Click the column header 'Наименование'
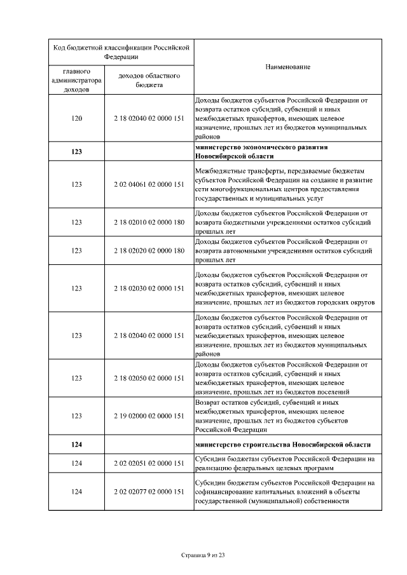tap(287, 67)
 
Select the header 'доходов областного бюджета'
tap(149, 79)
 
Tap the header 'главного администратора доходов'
tap(76, 79)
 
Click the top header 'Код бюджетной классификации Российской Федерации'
tap(121, 51)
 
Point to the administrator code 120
tap(76, 119)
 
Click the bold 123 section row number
tap(76, 152)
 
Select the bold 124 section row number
tap(76, 444)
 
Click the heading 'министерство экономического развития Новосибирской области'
tap(261, 152)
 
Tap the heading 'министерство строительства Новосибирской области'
tap(283, 444)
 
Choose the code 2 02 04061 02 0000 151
tap(149, 184)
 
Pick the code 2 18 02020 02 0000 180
tap(149, 250)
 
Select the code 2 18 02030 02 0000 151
tap(149, 288)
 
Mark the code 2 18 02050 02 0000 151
tap(149, 378)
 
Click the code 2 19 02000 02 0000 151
tap(149, 416)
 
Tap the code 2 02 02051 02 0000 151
tap(149, 463)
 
